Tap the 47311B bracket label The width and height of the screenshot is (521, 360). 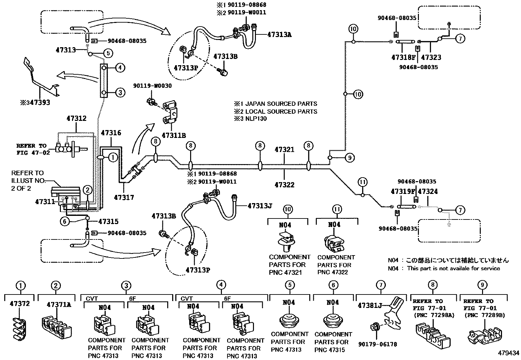(x=174, y=135)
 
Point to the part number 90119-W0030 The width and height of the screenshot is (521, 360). (x=152, y=86)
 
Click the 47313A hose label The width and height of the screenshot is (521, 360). (x=279, y=34)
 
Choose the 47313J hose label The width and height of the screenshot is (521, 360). (x=260, y=206)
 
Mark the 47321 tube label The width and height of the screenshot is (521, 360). (x=284, y=150)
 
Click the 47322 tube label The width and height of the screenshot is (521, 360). (x=284, y=185)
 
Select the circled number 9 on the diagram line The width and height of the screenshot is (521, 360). (x=350, y=158)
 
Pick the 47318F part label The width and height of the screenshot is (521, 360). (x=403, y=57)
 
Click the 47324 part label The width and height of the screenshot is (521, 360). (x=428, y=191)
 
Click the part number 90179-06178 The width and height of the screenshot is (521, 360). (x=377, y=344)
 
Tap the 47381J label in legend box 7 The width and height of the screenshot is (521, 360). (x=370, y=305)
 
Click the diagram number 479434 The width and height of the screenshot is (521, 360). (x=509, y=353)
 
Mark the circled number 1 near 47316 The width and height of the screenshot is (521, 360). (x=113, y=158)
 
